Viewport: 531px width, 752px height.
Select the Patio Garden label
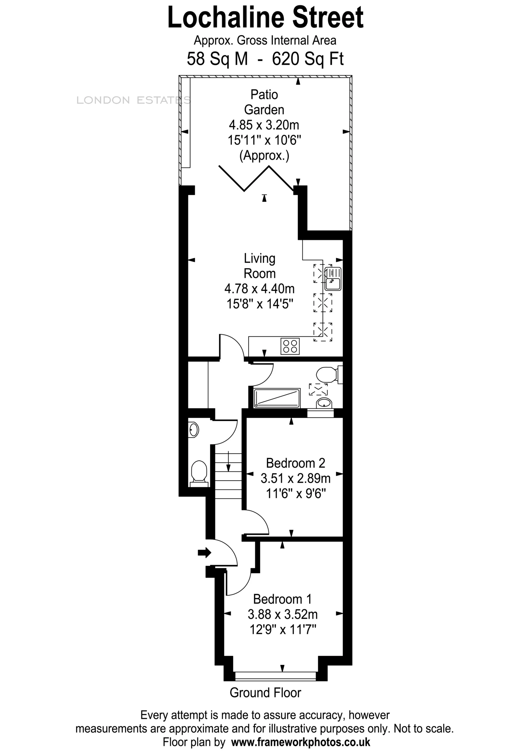(264, 102)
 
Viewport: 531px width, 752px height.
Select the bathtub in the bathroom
(277, 398)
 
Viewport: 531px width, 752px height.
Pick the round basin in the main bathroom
(325, 403)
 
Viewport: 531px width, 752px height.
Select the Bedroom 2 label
(296, 463)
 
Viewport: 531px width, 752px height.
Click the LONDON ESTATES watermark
(133, 100)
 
